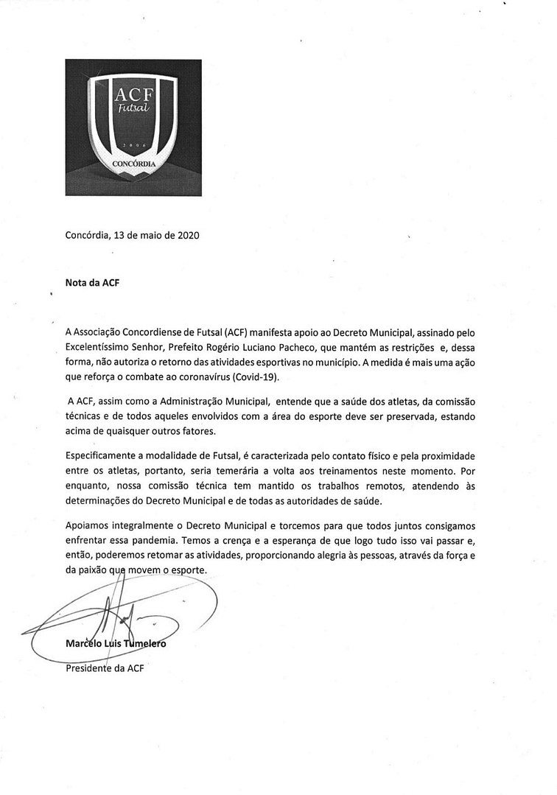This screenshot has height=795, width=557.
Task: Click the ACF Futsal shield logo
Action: [x=133, y=127]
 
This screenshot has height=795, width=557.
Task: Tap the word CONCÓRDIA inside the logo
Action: [x=133, y=164]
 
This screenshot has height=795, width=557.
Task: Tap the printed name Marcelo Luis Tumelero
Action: [x=116, y=643]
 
